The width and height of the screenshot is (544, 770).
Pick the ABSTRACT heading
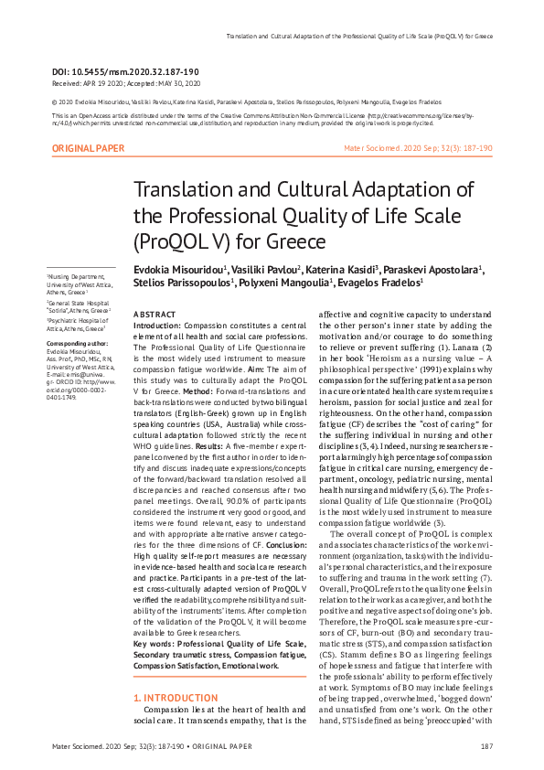coord(155,314)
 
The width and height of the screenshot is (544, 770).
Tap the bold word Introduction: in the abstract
coord(157,325)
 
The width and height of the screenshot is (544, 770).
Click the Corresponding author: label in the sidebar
coord(72,344)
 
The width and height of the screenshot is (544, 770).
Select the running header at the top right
coord(359,37)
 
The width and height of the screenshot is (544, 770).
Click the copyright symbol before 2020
coord(55,102)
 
